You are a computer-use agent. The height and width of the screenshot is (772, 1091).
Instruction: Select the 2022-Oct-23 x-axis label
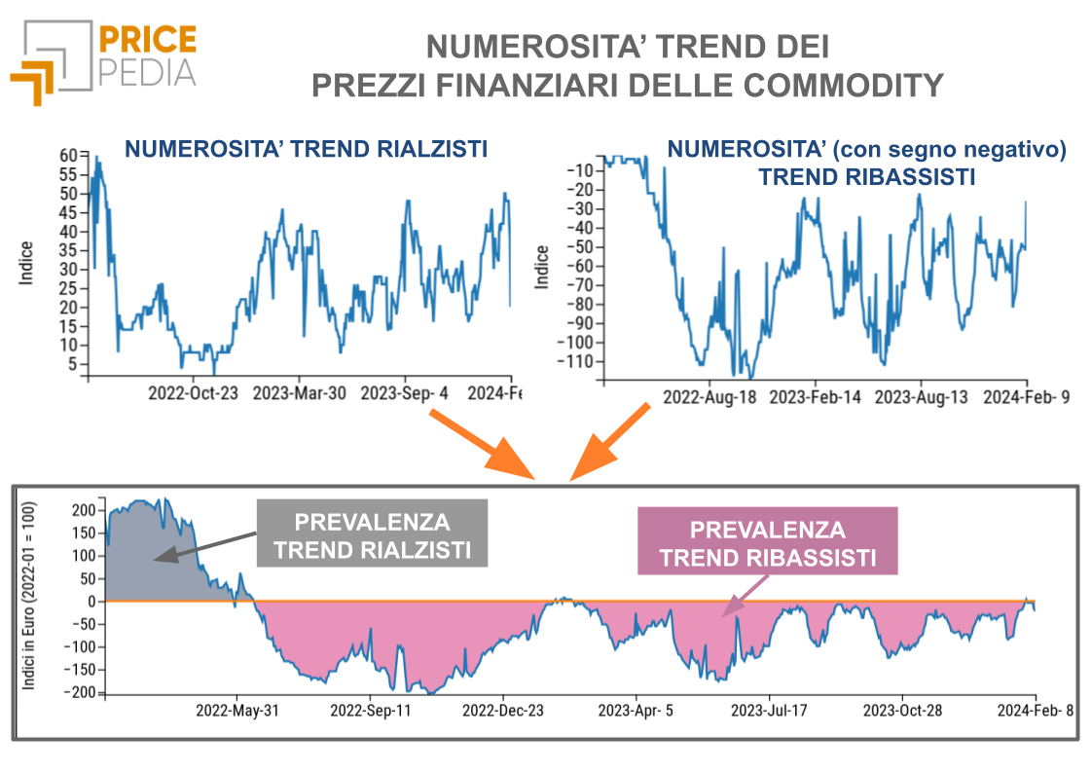[x=193, y=393]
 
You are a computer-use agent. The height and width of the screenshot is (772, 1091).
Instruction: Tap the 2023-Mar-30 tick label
[x=299, y=393]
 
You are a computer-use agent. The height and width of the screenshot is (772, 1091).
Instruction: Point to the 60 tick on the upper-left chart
[x=68, y=155]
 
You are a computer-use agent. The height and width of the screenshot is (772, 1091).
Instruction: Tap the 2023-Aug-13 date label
[x=921, y=398]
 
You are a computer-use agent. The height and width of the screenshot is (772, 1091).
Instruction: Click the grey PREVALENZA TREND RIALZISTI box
[x=373, y=534]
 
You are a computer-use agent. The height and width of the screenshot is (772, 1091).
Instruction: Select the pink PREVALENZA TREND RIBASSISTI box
[x=767, y=543]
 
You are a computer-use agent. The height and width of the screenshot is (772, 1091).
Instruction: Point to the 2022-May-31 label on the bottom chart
[x=238, y=710]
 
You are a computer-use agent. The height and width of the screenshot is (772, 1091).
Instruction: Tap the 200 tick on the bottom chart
[x=84, y=510]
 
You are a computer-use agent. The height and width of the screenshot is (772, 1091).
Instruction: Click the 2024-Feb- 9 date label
[x=1026, y=398]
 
